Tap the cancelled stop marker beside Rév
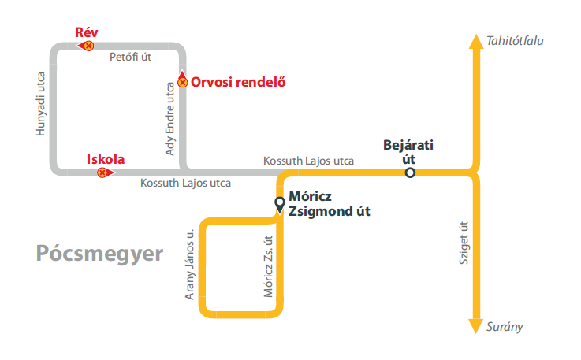pos(88,46)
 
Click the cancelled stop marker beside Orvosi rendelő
pos(182,81)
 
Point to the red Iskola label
pos(106,159)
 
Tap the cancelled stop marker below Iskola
pos(102,173)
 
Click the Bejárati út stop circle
pos(410,173)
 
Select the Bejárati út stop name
pos(408,151)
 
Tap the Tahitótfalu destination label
pos(516,40)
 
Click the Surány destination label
pos(505,327)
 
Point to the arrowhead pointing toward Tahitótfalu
pos(475,42)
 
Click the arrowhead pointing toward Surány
pos(475,325)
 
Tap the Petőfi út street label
pos(130,57)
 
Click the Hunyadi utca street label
pos(42,104)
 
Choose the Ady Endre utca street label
pos(170,118)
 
